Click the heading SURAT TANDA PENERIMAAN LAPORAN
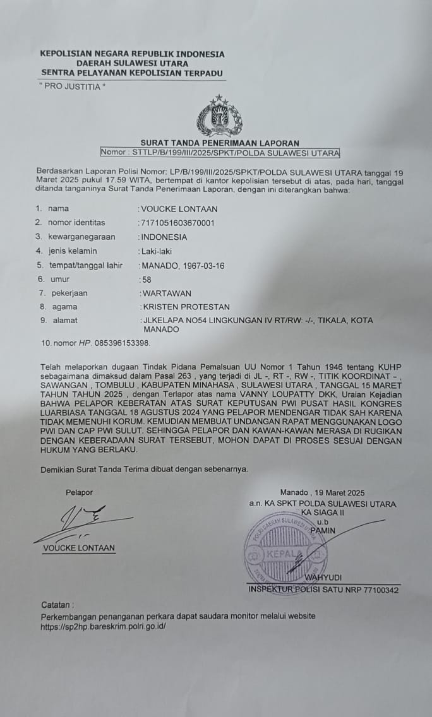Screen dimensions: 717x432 [219, 143]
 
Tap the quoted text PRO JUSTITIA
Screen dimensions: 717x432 [73, 86]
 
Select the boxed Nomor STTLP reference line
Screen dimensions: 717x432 [220, 153]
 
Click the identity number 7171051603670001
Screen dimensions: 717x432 [178, 223]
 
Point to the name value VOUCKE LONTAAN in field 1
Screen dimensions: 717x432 [179, 209]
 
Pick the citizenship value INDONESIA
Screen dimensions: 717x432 [164, 237]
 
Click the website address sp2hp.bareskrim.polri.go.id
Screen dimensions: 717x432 [103, 627]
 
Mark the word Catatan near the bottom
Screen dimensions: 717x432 [57, 605]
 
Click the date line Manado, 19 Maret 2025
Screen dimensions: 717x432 [323, 493]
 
